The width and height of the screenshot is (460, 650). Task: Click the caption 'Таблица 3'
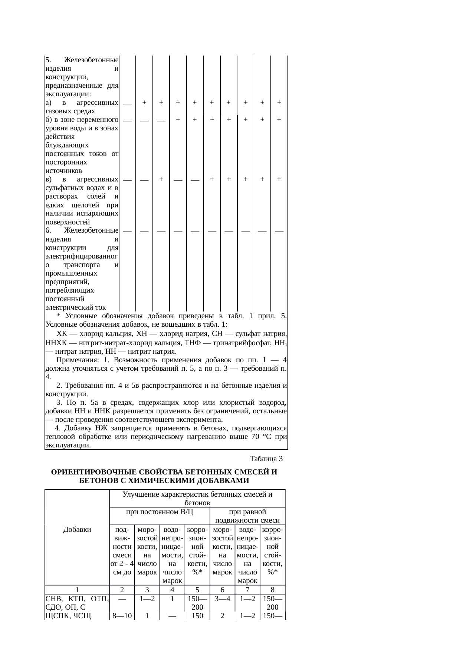click(266, 459)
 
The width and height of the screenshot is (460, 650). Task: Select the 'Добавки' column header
click(77, 529)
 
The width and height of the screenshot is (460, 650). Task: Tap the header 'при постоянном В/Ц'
click(160, 512)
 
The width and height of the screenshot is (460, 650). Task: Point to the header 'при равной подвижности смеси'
click(247, 516)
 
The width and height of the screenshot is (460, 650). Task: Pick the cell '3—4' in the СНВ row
click(223, 598)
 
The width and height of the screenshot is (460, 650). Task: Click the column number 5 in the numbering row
click(197, 590)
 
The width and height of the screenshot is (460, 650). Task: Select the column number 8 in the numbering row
click(273, 590)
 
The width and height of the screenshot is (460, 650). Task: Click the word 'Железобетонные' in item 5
click(91, 60)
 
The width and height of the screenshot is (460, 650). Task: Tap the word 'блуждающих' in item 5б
click(67, 145)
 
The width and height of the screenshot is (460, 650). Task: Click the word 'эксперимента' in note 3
click(201, 420)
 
